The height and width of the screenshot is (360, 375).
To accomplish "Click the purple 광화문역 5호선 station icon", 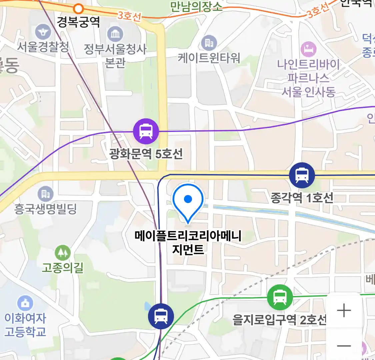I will [x=146, y=131].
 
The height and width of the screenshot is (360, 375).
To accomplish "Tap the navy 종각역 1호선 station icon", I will [x=302, y=175].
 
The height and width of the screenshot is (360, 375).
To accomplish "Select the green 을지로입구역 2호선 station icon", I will [x=280, y=297].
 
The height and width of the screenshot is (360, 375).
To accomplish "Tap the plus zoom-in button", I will [x=344, y=311].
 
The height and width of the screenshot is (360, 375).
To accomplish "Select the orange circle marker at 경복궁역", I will [x=79, y=8].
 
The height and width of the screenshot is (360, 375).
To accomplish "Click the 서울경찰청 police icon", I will [x=43, y=32].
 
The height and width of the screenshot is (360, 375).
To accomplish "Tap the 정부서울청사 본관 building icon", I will [x=115, y=34].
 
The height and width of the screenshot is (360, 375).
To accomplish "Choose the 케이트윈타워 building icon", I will [x=209, y=43].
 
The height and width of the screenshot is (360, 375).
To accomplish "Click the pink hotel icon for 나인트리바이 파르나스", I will [x=308, y=49].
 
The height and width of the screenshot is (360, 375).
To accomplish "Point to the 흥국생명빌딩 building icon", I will [x=45, y=194].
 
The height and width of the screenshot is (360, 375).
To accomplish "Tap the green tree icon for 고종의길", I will [x=63, y=253].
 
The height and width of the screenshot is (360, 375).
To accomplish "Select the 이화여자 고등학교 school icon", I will [x=25, y=303].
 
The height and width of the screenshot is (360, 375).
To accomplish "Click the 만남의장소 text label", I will [x=196, y=7].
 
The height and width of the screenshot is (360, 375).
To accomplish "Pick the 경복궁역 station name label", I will [x=78, y=22].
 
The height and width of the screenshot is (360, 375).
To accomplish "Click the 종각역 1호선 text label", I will [x=302, y=198].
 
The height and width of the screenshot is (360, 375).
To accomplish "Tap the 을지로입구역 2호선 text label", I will [x=279, y=320].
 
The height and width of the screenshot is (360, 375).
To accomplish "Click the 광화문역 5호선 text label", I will [x=146, y=154].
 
